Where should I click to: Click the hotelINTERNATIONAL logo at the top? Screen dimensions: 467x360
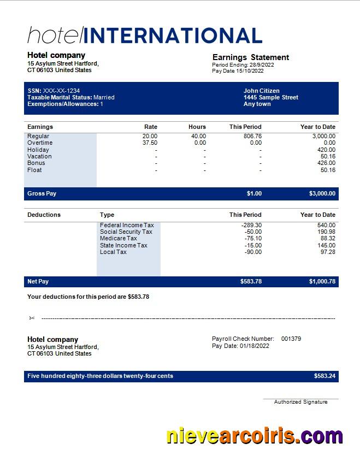(145, 35)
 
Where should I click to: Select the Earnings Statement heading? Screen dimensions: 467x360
(250, 57)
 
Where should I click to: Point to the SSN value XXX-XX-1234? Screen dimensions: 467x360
(61, 91)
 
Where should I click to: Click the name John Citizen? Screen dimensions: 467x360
(261, 91)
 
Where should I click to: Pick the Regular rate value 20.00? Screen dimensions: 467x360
(150, 136)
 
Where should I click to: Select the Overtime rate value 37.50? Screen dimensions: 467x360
(150, 143)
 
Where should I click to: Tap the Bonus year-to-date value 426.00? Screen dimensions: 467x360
(326, 163)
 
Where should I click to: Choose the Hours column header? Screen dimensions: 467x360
(197, 127)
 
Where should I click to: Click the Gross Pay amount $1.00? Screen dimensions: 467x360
(254, 193)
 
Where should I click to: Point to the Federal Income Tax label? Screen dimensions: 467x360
(127, 225)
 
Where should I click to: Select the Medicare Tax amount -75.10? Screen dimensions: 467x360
(251, 238)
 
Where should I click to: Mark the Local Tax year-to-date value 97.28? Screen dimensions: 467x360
(328, 252)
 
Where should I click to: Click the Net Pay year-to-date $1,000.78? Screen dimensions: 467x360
(322, 281)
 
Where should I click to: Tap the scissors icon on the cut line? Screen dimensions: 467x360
(32, 318)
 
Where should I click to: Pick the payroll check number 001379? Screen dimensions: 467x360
(291, 339)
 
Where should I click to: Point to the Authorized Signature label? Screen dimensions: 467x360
(300, 402)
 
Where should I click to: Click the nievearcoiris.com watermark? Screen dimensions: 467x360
(255, 436)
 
